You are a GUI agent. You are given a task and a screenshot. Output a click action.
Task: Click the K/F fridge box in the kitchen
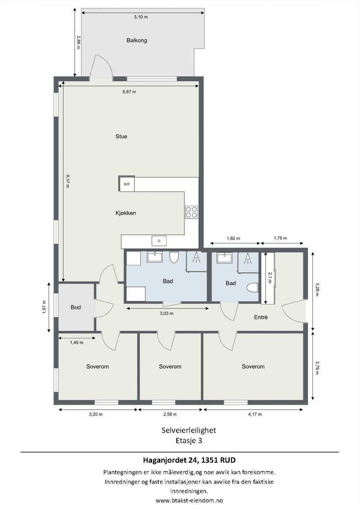tap(127, 184)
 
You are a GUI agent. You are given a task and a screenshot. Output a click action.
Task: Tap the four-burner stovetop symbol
tap(192, 212)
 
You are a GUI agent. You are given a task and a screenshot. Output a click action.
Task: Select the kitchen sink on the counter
tap(159, 241)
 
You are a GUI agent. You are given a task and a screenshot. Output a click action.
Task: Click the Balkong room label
tap(137, 40)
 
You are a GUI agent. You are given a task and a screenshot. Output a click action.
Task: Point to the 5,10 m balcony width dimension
tap(141, 17)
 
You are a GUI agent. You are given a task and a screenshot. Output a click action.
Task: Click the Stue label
tap(121, 136)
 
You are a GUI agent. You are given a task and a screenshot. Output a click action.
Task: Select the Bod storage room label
tap(76, 307)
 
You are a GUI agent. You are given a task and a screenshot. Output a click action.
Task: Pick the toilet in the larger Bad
tap(174, 257)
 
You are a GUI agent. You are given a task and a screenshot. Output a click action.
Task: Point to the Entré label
tap(261, 317)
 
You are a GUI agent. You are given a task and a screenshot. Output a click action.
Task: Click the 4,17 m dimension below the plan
tap(255, 414)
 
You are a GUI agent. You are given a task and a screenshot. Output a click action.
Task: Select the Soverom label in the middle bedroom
tap(170, 366)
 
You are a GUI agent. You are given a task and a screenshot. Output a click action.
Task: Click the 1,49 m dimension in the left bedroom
tap(76, 343)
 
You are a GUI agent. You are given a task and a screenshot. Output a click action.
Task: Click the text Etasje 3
tap(189, 441)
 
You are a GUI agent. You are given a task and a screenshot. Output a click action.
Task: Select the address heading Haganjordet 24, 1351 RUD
tap(189, 460)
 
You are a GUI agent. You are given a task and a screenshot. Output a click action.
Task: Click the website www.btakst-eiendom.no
tap(189, 500)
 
